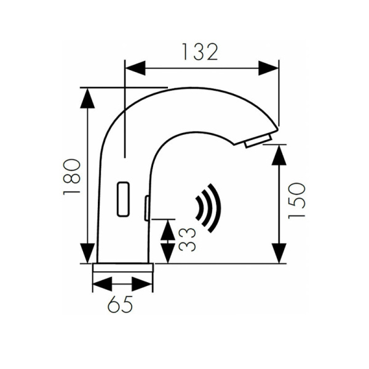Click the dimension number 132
(200, 52)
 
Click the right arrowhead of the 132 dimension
(268, 68)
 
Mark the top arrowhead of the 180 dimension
(87, 98)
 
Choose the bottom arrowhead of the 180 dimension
(87, 252)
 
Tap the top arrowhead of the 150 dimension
(279, 155)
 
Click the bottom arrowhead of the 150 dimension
(279, 253)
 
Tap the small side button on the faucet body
(147, 208)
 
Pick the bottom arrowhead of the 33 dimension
(167, 253)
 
